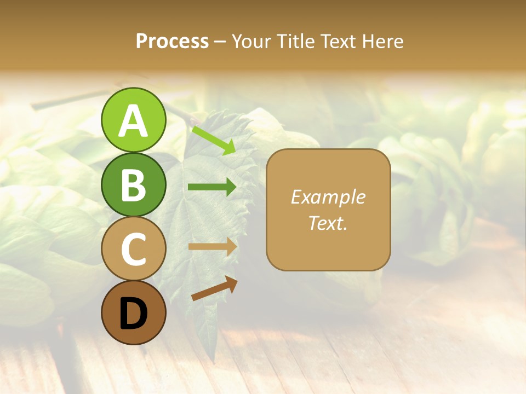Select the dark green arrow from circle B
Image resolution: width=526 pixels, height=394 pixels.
coord(212,187)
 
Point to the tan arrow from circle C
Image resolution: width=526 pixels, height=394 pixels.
coord(212,246)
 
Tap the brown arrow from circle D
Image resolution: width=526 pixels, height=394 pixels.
coord(214,288)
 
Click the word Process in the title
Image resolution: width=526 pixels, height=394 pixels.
coord(172,41)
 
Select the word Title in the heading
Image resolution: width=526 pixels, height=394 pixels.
coord(295,41)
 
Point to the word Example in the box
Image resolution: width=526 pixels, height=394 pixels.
coord(328,197)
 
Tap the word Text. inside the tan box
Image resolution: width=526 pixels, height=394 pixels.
coord(328,223)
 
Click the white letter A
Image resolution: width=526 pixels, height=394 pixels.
coord(133,121)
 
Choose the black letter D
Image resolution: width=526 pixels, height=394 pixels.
coord(133,315)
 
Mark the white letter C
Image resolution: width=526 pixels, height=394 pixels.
coord(133,249)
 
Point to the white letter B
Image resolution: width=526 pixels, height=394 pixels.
coord(133,185)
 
